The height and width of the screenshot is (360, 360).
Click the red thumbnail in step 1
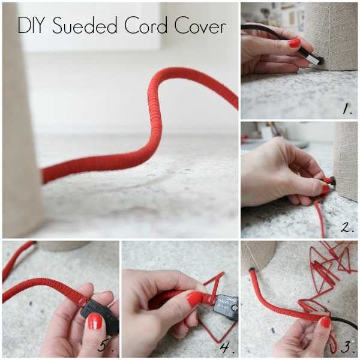295,43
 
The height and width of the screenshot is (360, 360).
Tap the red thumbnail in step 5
95,322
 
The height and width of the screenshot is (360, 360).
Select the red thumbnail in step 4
195,299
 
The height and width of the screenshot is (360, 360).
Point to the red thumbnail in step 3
325,322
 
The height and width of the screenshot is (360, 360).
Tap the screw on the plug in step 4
234,308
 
